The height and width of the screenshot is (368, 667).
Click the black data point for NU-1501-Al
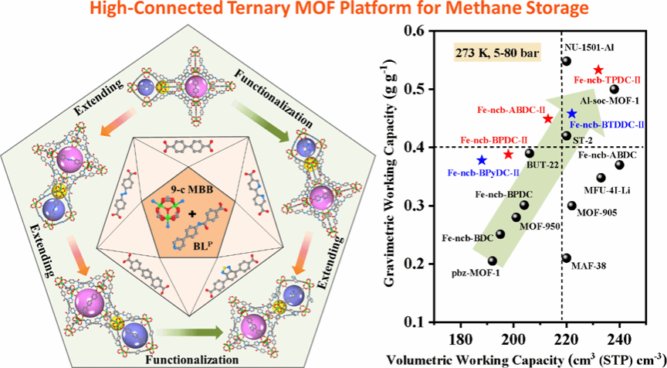(567, 61)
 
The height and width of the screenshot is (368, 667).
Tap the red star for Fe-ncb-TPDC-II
(598, 70)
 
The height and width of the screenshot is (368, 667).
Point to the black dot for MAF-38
(567, 258)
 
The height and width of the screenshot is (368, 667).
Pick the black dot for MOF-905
(572, 206)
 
